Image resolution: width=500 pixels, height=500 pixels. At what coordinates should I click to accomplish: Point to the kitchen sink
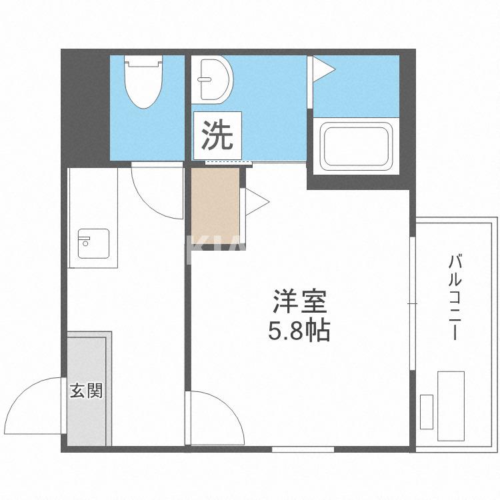coord(93,243)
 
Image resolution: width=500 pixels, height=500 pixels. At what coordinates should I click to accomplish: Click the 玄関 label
coord(87,390)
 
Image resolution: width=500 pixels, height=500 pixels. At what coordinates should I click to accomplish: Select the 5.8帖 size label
coord(299,331)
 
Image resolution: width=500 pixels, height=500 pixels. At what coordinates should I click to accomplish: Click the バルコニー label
coord(455,297)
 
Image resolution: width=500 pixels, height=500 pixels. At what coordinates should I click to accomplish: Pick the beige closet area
coord(215,207)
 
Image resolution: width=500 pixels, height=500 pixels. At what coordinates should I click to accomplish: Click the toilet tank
coord(145,62)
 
